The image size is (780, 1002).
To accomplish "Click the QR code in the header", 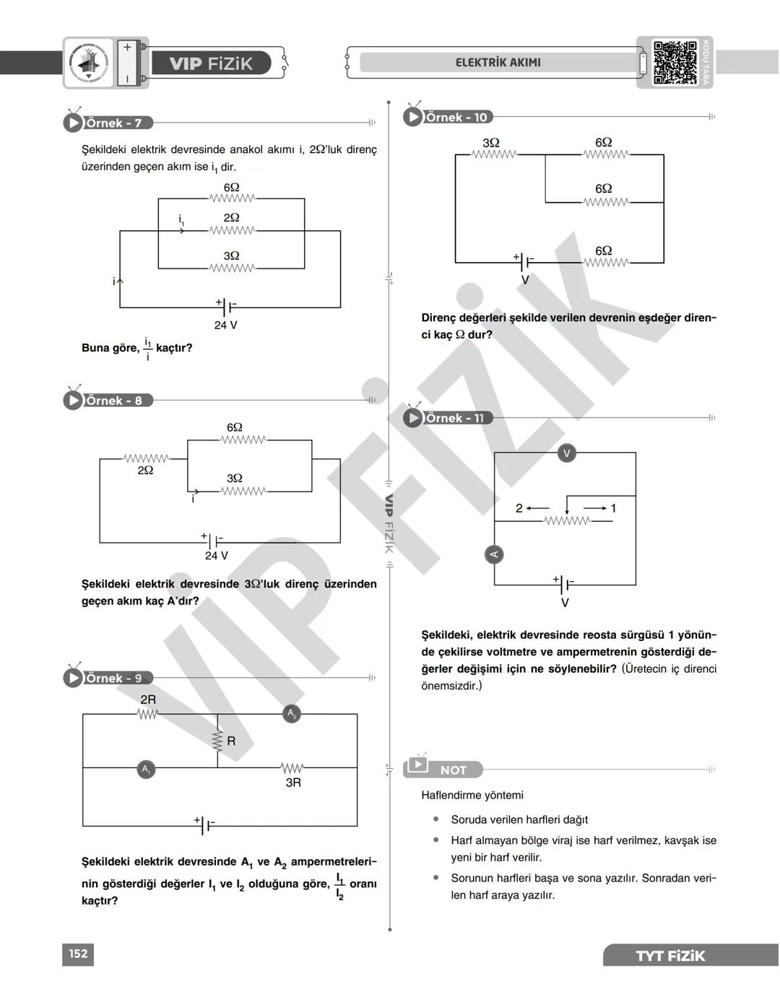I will [675, 63].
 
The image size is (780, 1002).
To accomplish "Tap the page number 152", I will [78, 954].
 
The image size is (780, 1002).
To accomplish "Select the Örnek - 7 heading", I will [113, 123].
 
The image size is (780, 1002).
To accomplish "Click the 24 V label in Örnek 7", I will [225, 326].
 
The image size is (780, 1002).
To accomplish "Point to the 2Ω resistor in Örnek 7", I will [232, 230].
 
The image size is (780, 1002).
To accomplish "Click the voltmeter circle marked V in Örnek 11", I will [567, 453].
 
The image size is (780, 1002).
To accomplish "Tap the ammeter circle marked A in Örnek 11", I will [494, 554].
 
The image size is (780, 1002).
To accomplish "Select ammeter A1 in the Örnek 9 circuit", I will [146, 769].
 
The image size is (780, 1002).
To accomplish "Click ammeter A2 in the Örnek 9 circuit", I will [292, 714].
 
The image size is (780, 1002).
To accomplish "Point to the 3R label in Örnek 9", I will [293, 783].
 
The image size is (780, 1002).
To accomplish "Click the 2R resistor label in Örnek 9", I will [148, 700].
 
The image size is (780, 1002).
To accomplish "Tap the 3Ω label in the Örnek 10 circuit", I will [491, 143].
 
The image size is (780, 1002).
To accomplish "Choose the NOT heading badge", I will [453, 770].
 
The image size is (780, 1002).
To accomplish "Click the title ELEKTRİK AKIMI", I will [498, 63].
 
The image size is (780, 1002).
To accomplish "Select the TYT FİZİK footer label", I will [669, 956].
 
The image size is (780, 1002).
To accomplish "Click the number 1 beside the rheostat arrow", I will [613, 508].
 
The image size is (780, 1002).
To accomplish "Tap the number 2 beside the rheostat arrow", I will [519, 508].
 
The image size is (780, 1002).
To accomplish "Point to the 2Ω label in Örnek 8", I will [145, 470].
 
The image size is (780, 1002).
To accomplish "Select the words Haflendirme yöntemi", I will [472, 795].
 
